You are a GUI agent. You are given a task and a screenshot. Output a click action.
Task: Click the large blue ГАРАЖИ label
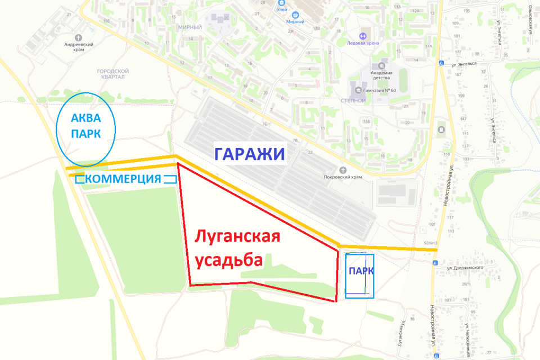click(249, 154)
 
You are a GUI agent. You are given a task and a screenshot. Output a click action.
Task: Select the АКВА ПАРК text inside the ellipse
click(86, 126)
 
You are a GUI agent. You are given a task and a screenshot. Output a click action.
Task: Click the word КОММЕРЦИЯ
click(125, 179)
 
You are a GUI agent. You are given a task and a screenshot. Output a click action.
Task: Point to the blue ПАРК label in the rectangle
click(361, 271)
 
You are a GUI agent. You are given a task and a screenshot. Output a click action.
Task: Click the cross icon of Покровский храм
click(343, 169)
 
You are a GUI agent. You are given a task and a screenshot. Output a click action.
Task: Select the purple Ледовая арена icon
click(363, 36)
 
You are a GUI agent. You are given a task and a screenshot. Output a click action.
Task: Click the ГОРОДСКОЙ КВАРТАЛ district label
click(113, 74)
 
